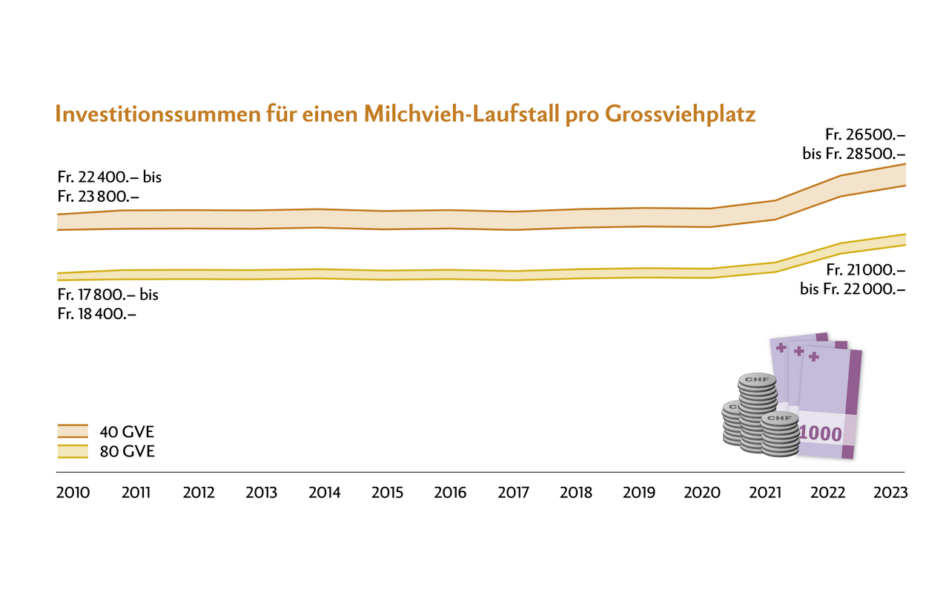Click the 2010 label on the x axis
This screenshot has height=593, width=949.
(73, 494)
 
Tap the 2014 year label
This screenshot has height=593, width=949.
(324, 494)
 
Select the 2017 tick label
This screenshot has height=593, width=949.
(513, 494)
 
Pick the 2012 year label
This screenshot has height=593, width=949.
(199, 494)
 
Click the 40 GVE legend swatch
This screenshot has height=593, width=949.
(72, 432)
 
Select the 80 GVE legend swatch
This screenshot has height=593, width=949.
(72, 451)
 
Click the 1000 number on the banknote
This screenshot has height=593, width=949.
(821, 433)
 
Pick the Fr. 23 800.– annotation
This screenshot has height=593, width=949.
(98, 197)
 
